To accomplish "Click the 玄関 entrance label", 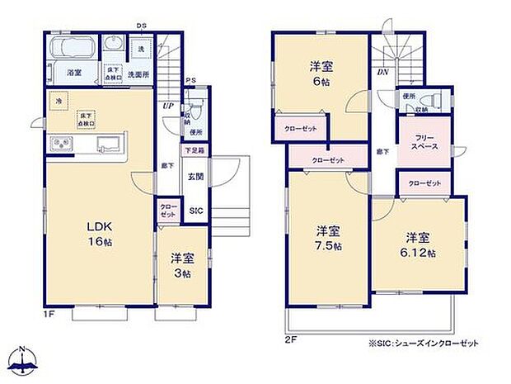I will point(195,176).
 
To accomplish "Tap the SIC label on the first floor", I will point(196,211).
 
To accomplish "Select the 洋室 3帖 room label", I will point(181,264).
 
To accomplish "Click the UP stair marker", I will point(168,106).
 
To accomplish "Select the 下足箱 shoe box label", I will point(195,152).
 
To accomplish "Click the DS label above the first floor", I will point(142,26).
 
